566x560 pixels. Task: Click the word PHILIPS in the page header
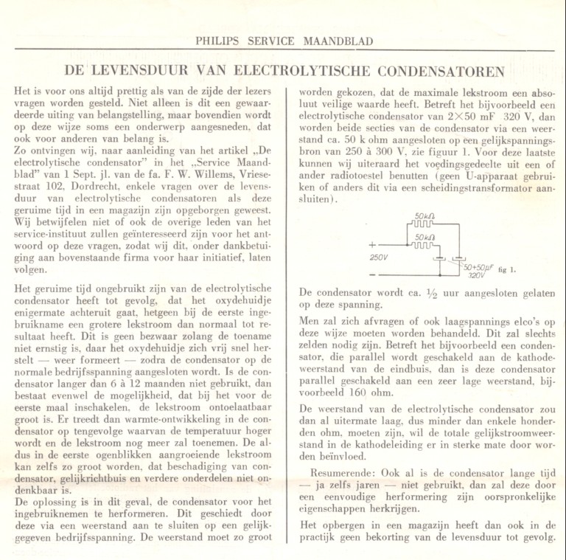tap(220, 41)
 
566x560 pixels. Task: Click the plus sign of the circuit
tap(371, 244)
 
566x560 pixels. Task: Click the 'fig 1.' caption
tap(508, 269)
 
